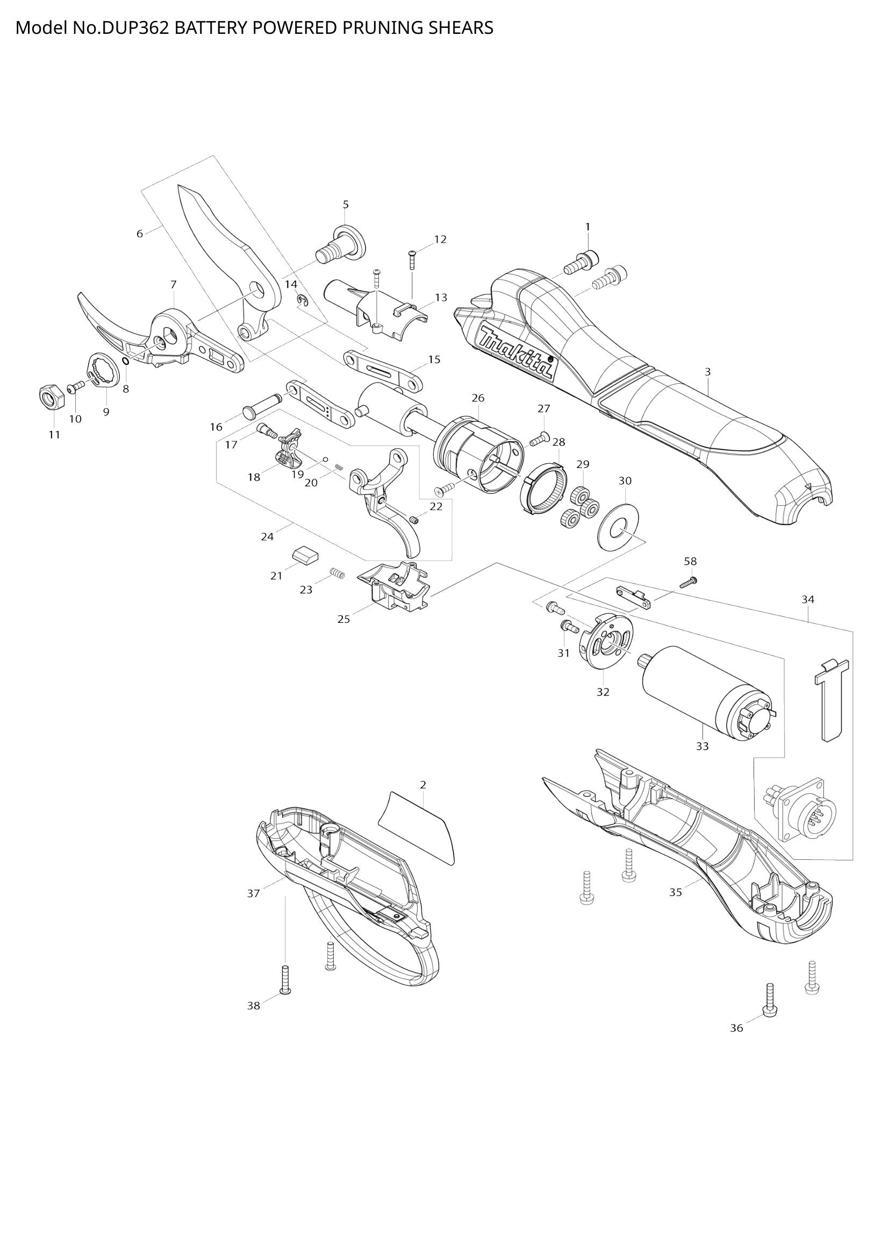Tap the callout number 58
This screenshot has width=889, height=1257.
pos(690,561)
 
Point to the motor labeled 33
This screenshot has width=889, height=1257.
pos(706,692)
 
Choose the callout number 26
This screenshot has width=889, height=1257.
pos(478,398)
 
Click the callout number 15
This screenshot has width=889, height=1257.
pos(434,360)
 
